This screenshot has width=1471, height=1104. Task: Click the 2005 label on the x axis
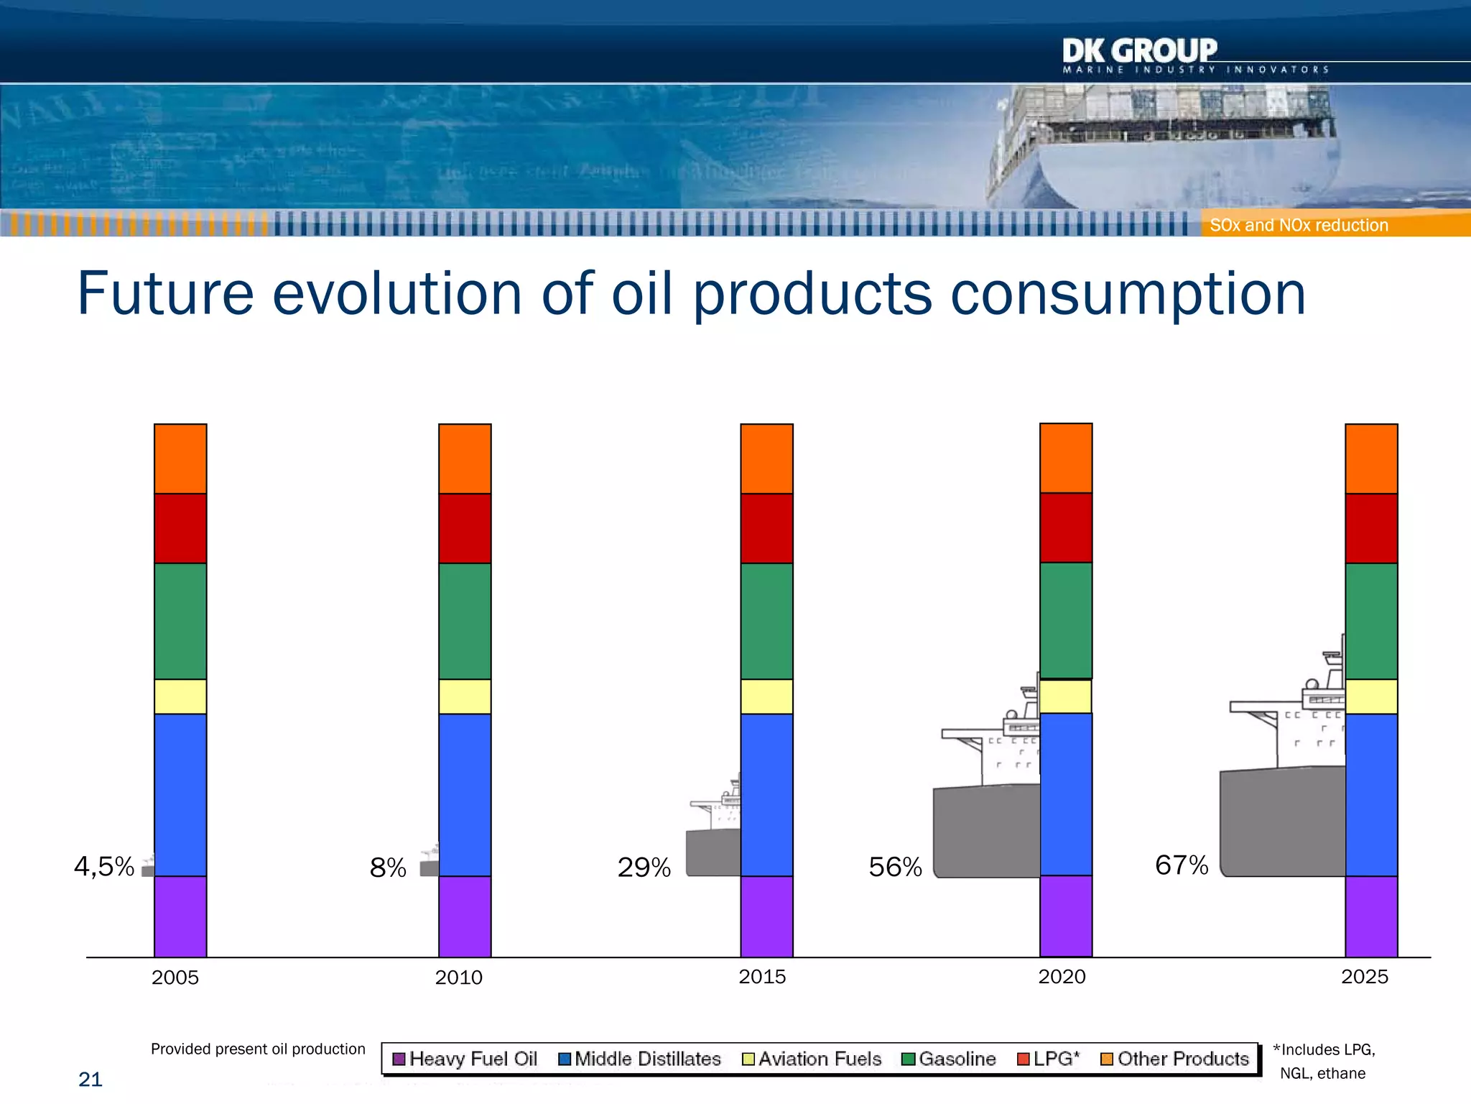coord(175,977)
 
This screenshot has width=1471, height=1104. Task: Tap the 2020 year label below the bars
coord(1062,977)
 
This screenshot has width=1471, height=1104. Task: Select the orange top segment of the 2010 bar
coord(465,459)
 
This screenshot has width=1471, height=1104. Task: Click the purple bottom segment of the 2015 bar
coord(766,916)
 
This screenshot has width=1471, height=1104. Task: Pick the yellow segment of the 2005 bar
coord(180,696)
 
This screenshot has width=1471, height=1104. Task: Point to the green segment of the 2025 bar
coord(1371,621)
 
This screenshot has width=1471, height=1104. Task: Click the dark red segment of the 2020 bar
coord(1066,528)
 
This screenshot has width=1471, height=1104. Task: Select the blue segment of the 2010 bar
coord(465,794)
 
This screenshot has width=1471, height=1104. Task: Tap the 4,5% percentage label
coord(104,867)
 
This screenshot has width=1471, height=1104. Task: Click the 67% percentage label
coord(1182,865)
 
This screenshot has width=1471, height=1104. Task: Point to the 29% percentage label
coord(644,868)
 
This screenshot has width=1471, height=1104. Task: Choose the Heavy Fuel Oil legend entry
coord(465,1059)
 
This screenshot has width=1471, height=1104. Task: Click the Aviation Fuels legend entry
coord(812,1059)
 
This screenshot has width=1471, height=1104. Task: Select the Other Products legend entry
coord(1175,1059)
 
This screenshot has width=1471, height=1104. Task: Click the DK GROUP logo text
coord(1139,51)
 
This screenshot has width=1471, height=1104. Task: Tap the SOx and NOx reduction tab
coord(1299,225)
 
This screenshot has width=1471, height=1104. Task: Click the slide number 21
coord(91,1080)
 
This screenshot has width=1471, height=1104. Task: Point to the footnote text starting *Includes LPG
coord(1323,1061)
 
